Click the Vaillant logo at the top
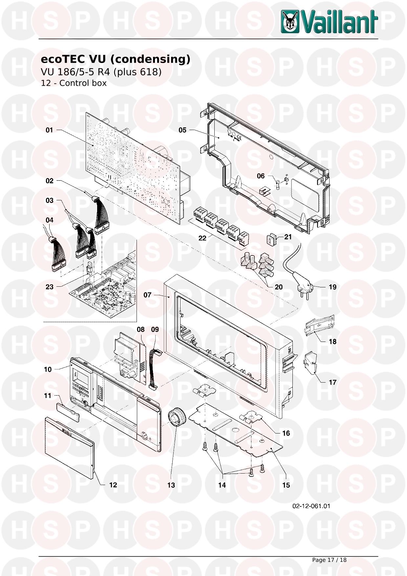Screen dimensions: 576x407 point(329,22)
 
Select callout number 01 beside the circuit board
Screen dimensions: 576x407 point(49,130)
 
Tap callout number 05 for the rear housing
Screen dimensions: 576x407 point(182,130)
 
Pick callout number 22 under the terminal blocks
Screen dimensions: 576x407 point(203,238)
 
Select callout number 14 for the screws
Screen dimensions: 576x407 point(222,485)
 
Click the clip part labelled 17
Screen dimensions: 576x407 point(311,363)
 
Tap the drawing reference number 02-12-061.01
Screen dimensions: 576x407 point(311,506)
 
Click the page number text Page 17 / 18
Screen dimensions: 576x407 point(329,560)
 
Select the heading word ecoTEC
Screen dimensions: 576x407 point(62,59)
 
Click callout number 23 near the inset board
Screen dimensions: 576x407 point(49,287)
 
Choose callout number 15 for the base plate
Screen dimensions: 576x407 point(286,485)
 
